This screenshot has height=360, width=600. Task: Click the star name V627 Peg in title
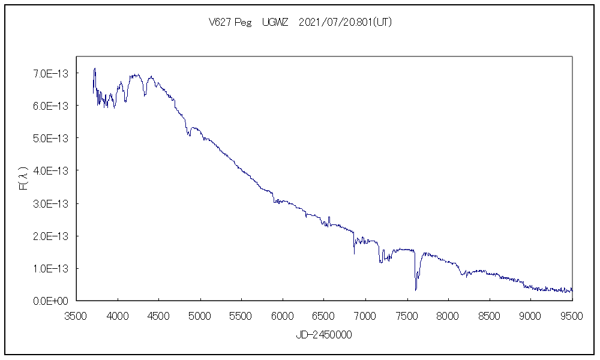pos(230,22)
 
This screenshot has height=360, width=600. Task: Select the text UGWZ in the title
pos(275,22)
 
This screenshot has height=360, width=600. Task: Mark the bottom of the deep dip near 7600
pos(416,290)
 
